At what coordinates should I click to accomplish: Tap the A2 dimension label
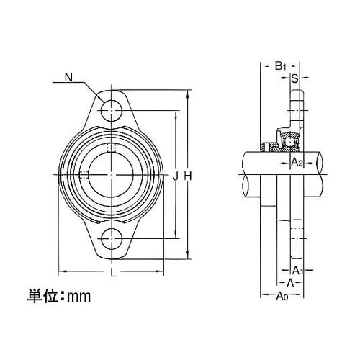[x=297, y=163]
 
